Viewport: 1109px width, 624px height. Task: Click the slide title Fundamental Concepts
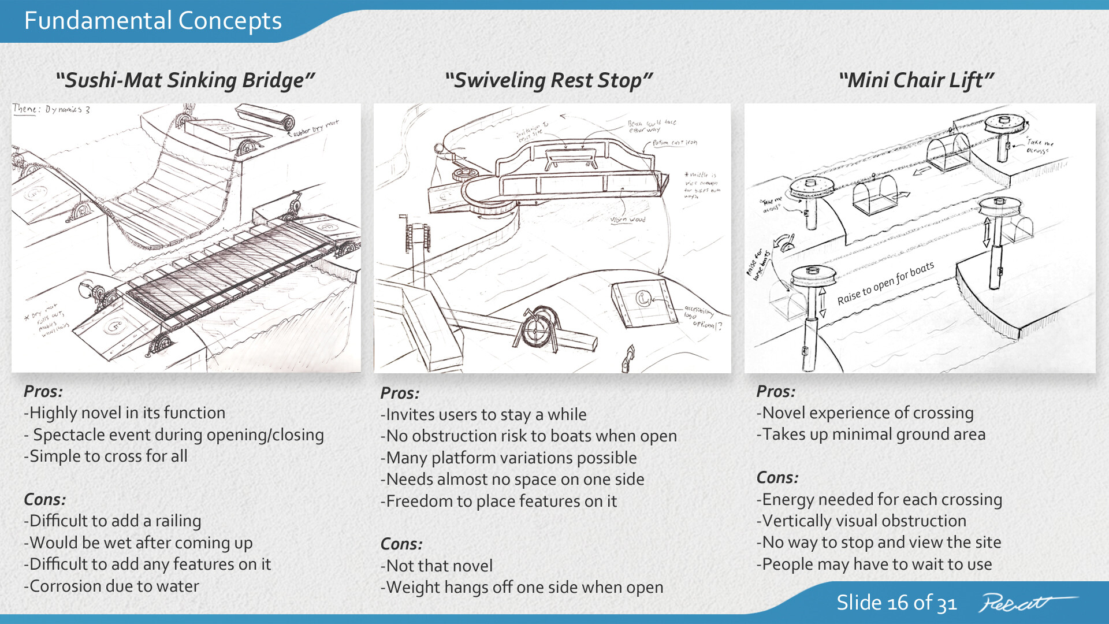click(153, 21)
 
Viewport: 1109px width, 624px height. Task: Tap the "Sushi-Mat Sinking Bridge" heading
click(185, 80)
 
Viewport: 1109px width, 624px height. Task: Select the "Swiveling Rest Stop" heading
click(549, 80)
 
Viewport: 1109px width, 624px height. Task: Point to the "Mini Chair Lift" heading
click(917, 80)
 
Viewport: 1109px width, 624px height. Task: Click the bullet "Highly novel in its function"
click(125, 413)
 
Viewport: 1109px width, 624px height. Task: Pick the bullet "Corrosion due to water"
click(111, 586)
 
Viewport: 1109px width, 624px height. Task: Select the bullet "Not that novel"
click(437, 566)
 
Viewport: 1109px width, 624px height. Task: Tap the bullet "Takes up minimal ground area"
click(871, 434)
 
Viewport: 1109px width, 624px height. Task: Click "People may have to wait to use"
click(874, 564)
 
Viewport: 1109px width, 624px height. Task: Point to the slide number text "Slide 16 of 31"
click(896, 603)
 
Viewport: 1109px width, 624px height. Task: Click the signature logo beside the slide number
click(1025, 603)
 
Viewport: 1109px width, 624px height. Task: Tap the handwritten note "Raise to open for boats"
click(885, 283)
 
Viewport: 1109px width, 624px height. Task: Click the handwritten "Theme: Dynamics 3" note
click(51, 109)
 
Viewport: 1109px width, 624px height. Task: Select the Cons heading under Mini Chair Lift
click(777, 477)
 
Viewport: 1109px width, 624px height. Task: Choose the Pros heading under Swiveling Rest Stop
click(400, 393)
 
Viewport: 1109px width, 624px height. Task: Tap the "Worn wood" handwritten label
click(628, 220)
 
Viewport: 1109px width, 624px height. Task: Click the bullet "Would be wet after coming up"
click(138, 543)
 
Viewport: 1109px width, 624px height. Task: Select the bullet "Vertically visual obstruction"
click(861, 521)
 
